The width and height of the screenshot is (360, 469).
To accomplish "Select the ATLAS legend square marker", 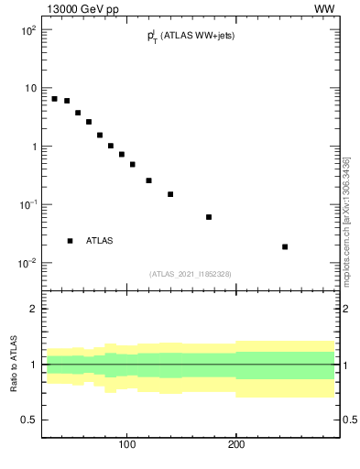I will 70,241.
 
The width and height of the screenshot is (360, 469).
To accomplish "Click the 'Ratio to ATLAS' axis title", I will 14,365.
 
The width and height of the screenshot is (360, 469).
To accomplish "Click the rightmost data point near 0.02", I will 285,246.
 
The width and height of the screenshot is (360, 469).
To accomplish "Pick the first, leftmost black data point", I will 54,99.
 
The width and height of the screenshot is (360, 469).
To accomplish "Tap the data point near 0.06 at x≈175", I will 209,217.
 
